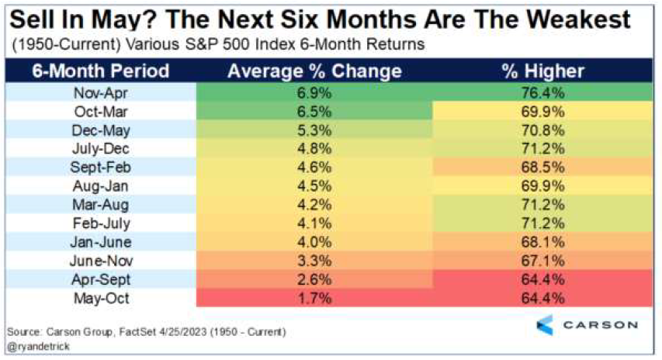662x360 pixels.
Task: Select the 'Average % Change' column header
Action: pyautogui.click(x=314, y=71)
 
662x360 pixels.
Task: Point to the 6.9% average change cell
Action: pyautogui.click(x=314, y=93)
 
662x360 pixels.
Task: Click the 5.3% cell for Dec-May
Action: pyautogui.click(x=314, y=130)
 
